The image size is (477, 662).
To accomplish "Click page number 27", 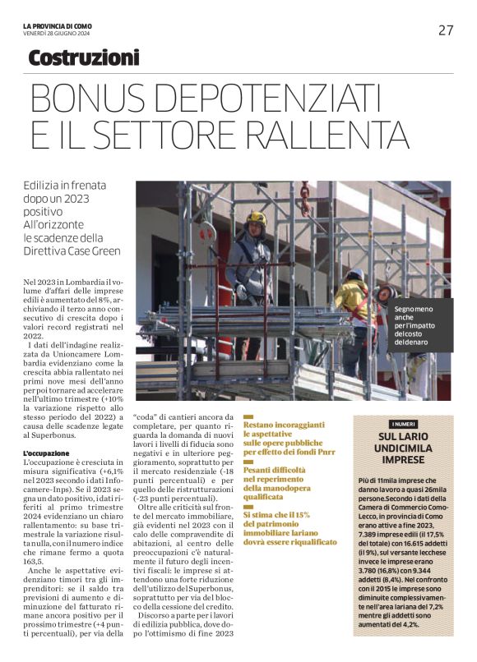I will pyautogui.click(x=445, y=30).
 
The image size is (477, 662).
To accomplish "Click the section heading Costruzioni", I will pyautogui.click(x=84, y=58).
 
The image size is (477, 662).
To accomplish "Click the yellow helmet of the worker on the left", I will pyautogui.click(x=257, y=218).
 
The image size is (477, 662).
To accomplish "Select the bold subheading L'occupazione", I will pyautogui.click(x=47, y=453).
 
